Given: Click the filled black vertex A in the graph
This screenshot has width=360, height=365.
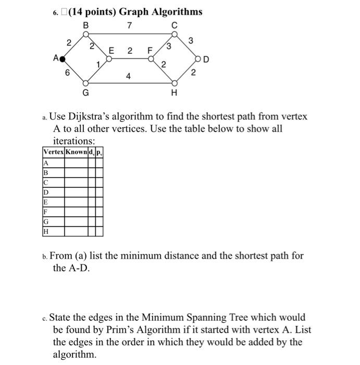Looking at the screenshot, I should [63, 59].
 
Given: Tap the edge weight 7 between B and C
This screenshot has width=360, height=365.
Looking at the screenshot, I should [130, 26].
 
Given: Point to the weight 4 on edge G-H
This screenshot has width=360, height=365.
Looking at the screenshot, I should [128, 76].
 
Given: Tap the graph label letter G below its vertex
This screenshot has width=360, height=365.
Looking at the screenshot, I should [86, 93].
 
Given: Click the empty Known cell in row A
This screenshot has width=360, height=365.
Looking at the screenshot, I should [76, 163].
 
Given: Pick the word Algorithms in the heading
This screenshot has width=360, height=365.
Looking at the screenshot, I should [176, 11].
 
